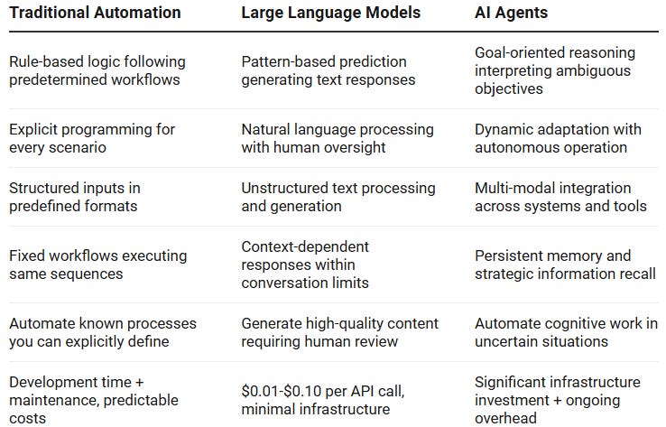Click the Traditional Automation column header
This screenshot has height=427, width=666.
click(95, 13)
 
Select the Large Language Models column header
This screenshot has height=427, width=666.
click(331, 13)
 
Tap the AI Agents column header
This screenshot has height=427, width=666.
click(511, 13)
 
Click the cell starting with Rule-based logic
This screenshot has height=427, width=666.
click(97, 70)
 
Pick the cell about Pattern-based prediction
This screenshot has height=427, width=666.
click(328, 70)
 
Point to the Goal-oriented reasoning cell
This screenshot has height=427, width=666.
click(555, 70)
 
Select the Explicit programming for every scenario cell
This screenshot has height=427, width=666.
click(92, 138)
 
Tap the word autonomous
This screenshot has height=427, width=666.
click(513, 147)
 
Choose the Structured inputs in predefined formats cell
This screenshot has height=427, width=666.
click(75, 197)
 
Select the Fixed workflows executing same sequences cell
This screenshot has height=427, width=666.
click(98, 265)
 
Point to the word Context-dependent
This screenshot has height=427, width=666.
click(305, 246)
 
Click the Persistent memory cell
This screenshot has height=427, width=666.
click(565, 265)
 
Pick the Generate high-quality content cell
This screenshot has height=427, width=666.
click(340, 332)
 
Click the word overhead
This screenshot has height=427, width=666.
click(505, 418)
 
